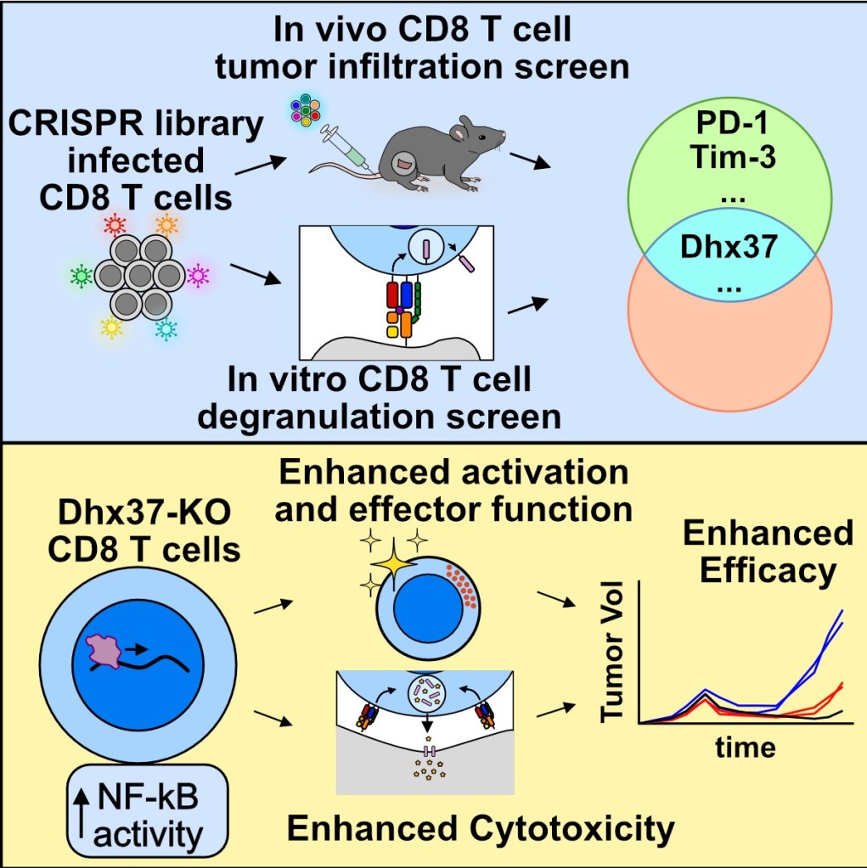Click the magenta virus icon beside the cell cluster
(198, 274)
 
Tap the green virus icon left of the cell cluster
(82, 275)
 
